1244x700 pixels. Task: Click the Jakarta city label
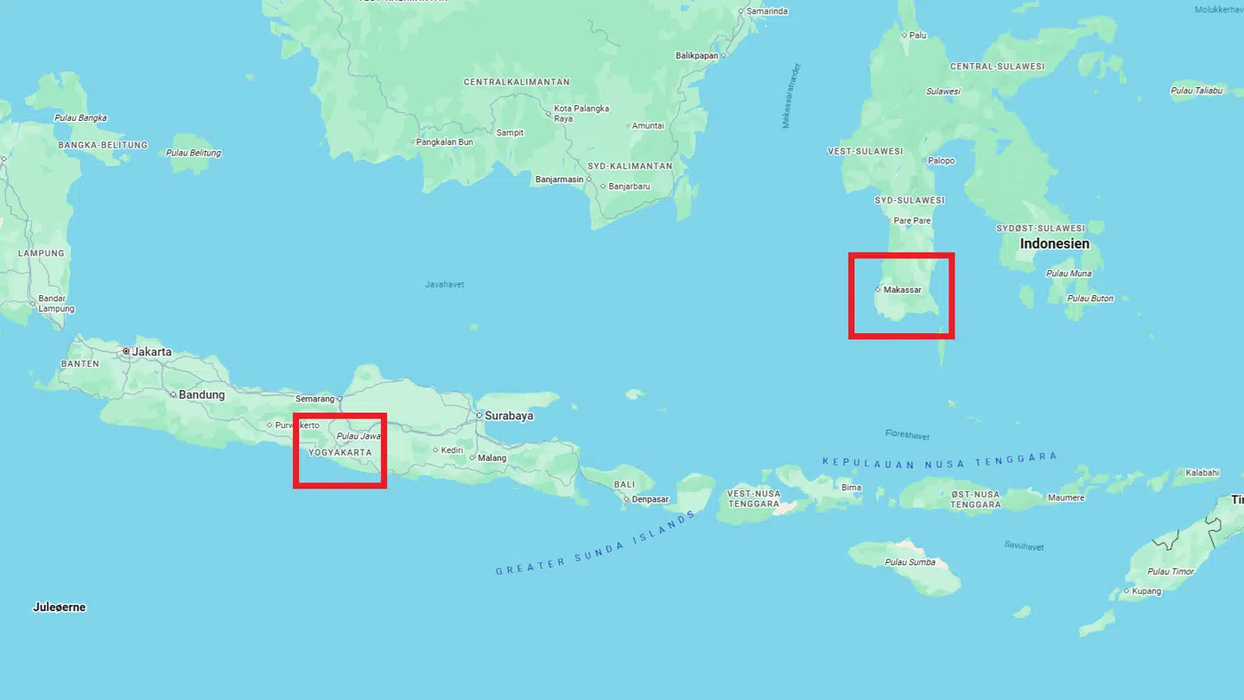[151, 352]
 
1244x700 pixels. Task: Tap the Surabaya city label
[509, 416]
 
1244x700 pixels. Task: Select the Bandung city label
[202, 395]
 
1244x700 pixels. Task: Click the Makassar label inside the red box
[903, 290]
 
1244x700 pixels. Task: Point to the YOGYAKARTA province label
[340, 452]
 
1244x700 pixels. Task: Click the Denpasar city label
[651, 499]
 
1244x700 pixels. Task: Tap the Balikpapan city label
[696, 55]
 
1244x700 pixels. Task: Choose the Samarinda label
[767, 11]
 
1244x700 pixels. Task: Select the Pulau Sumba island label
[910, 563]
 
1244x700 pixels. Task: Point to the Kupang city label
[1146, 591]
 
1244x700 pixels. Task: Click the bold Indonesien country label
[1054, 244]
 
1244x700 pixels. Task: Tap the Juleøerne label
[60, 608]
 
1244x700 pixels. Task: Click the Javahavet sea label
[445, 284]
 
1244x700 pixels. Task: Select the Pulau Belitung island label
[194, 153]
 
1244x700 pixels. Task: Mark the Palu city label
[917, 35]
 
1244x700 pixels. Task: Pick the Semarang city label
[314, 399]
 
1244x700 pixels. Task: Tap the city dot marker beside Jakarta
[126, 352]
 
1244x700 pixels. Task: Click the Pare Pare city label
[912, 221]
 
